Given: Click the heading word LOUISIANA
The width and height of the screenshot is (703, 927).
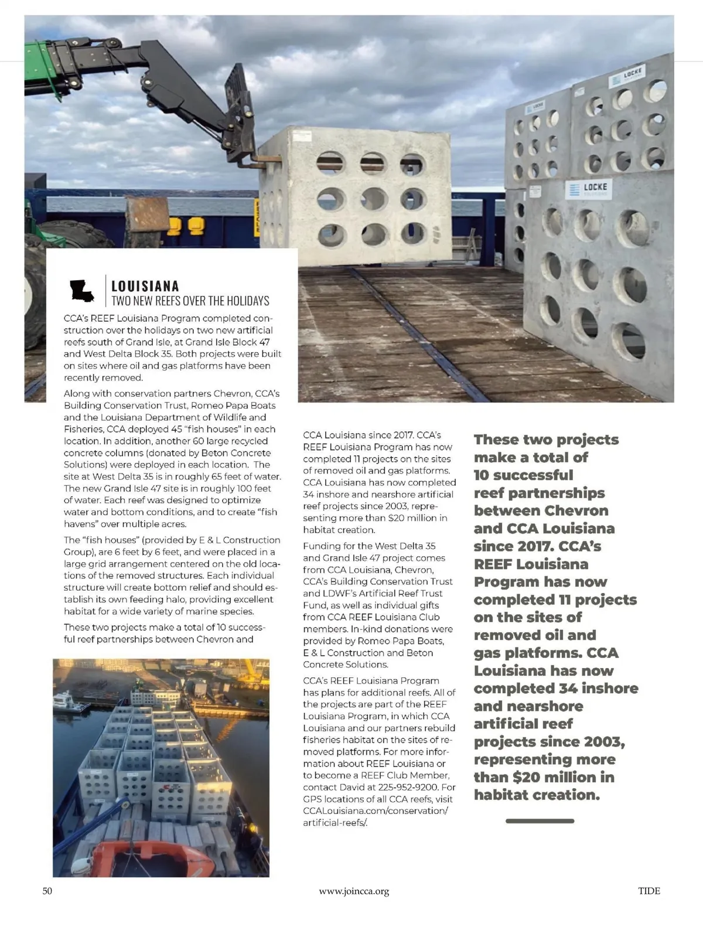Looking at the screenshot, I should click(145, 287).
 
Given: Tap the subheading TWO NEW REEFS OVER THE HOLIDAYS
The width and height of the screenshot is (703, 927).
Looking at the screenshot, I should click(190, 301).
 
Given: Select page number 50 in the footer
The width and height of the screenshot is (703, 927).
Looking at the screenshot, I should click(47, 891).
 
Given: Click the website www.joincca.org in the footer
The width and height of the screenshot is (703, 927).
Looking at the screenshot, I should click(354, 891).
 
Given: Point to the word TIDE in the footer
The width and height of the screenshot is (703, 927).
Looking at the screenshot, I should click(649, 891).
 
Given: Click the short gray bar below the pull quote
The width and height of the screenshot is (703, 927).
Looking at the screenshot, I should click(540, 821).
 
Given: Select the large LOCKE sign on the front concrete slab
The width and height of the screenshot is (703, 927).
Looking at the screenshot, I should click(589, 189).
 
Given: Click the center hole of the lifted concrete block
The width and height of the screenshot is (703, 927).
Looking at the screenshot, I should click(373, 199).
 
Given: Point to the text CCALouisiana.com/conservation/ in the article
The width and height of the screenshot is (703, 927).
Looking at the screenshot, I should click(375, 810).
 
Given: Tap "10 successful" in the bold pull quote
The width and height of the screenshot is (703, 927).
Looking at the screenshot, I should click(524, 475).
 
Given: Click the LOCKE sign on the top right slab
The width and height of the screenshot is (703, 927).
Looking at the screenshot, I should click(626, 76).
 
